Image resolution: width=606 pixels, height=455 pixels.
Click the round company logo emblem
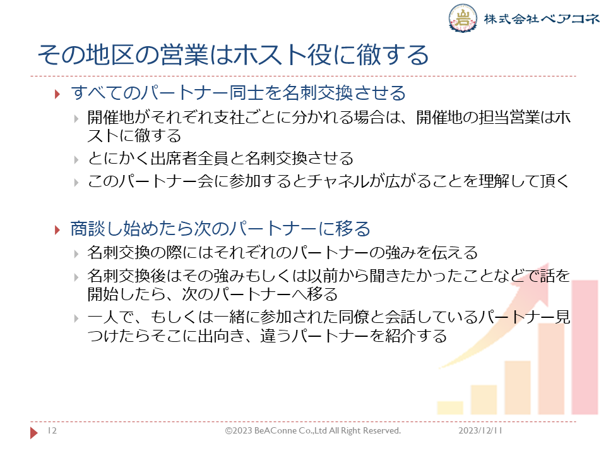[463, 18]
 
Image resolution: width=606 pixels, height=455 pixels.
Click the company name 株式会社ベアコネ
[542, 18]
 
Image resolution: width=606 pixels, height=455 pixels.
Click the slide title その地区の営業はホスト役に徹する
[233, 54]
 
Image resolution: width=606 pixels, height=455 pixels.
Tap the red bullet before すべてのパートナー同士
[57, 94]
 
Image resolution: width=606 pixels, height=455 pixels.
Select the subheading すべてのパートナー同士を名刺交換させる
[238, 93]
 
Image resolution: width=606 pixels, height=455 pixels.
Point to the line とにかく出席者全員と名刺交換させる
[220, 158]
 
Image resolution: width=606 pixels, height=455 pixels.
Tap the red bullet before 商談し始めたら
[57, 230]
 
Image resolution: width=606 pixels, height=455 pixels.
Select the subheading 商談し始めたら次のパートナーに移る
[220, 229]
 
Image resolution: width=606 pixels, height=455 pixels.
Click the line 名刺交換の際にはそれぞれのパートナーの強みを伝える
[283, 252]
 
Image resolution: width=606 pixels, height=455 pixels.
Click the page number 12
[52, 430]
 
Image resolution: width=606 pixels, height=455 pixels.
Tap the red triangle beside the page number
[34, 432]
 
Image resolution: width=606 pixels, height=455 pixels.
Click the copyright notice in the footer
[313, 430]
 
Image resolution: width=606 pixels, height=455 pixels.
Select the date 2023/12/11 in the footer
[480, 430]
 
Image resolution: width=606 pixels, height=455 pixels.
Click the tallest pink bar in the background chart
[585, 348]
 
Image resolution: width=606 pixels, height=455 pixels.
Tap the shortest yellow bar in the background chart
[450, 408]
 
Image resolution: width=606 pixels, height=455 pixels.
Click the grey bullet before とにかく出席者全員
[76, 160]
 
